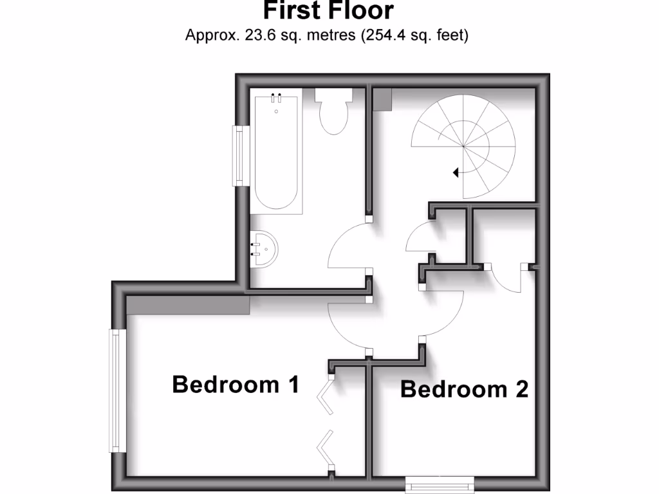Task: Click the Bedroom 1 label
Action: [x=236, y=385]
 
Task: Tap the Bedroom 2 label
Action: [x=464, y=389]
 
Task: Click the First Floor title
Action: [x=328, y=11]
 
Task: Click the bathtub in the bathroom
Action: [x=277, y=154]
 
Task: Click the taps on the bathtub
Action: [x=277, y=98]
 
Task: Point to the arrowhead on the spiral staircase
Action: [x=456, y=172]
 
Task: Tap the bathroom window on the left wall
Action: [x=241, y=156]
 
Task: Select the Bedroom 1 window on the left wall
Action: [x=117, y=390]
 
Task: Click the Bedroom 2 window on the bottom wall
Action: [x=440, y=484]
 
